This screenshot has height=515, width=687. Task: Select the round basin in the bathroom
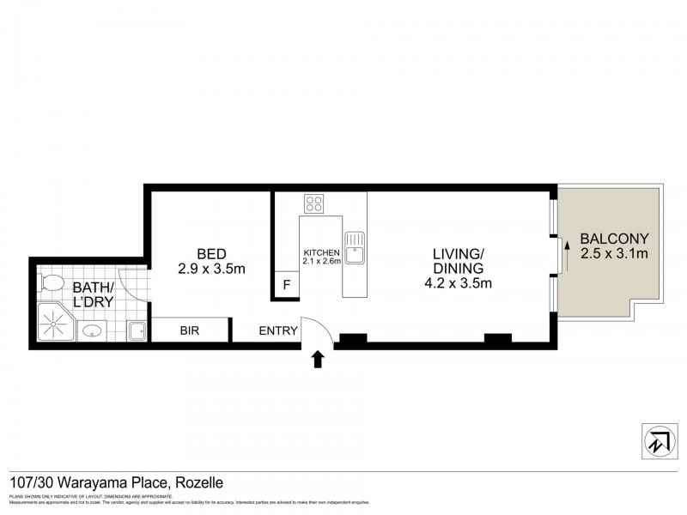pyautogui.click(x=93, y=330)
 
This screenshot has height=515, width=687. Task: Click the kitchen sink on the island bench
pyautogui.click(x=355, y=250)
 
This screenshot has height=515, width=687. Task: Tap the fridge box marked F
pyautogui.click(x=287, y=285)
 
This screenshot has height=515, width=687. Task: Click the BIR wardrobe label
pyautogui.click(x=190, y=330)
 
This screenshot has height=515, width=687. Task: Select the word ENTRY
pyautogui.click(x=278, y=330)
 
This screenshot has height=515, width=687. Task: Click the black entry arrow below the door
pyautogui.click(x=318, y=359)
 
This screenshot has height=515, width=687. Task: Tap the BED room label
pyautogui.click(x=211, y=253)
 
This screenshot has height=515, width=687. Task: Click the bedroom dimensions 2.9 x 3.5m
pyautogui.click(x=211, y=269)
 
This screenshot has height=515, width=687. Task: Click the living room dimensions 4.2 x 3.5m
pyautogui.click(x=459, y=282)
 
